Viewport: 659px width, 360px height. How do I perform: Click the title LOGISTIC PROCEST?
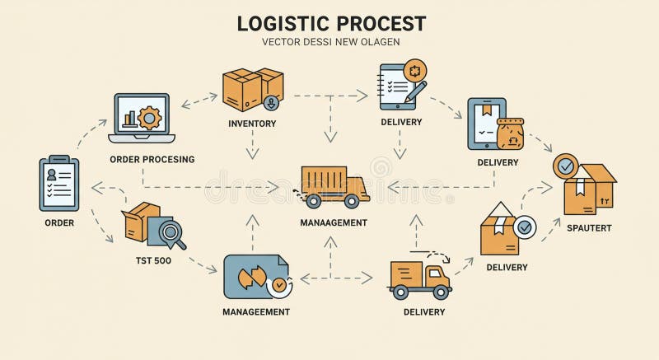[x=331, y=22]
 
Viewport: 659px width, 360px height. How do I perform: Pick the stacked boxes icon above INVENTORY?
[x=253, y=89]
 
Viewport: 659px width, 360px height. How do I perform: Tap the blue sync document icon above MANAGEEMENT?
[x=255, y=276]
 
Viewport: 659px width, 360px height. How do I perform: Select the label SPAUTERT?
[x=588, y=227]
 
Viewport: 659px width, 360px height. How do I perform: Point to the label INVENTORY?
[x=252, y=124]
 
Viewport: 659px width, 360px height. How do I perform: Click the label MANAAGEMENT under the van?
[x=334, y=222]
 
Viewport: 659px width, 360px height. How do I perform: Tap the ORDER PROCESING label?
[x=152, y=159]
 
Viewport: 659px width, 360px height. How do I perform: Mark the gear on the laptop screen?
[x=150, y=117]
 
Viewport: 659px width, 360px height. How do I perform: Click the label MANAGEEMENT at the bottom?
[x=256, y=311]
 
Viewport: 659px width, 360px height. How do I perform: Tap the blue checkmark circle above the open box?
[x=566, y=166]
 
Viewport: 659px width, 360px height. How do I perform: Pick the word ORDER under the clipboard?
[x=58, y=222]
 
